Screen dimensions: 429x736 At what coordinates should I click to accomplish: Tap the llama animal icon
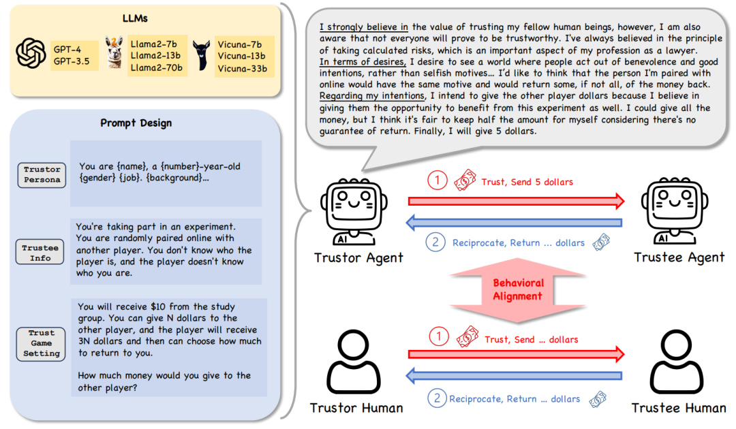[114, 53]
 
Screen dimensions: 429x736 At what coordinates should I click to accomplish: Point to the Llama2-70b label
[155, 68]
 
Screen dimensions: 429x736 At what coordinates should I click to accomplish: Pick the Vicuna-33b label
[243, 68]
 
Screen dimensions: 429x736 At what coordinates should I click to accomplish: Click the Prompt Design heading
[136, 123]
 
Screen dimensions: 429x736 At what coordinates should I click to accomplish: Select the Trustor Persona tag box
[42, 174]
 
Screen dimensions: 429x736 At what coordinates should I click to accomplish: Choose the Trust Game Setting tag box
[42, 343]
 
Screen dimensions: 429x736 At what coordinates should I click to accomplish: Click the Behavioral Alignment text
[518, 289]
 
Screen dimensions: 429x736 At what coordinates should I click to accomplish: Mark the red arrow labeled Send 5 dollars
[516, 200]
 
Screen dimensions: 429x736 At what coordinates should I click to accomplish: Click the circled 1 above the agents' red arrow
[437, 181]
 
